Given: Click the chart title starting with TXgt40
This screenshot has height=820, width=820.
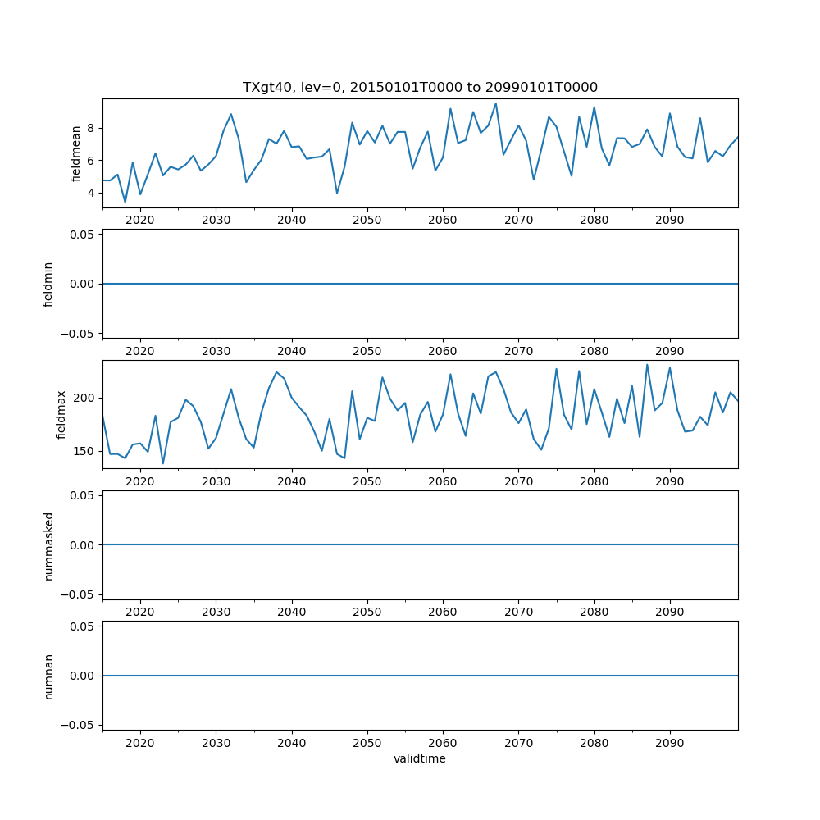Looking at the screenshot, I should [420, 87].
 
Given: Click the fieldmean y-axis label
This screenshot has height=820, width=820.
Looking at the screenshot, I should [76, 153].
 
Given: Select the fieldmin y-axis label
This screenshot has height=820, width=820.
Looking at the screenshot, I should [48, 284].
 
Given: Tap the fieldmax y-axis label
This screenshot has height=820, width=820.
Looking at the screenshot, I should [61, 414].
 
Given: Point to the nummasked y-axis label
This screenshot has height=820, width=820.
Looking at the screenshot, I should [48, 544].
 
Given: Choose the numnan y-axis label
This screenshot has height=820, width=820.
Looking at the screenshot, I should [48, 676].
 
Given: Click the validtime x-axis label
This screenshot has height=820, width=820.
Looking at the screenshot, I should [420, 758].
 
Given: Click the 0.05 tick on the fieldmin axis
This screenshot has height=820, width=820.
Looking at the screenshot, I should [83, 235].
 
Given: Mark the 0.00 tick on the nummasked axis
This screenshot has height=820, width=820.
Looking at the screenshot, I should [83, 544].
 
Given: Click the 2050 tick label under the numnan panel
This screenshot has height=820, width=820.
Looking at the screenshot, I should [367, 742].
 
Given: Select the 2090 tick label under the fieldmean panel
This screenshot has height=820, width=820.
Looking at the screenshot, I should [670, 220].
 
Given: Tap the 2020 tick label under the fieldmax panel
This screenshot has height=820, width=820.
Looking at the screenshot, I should [140, 481].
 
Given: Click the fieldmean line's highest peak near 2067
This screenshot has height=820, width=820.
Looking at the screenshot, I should [495, 103].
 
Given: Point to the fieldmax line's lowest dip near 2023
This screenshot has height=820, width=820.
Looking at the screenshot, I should [162, 463].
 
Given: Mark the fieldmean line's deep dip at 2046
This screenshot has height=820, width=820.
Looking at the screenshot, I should [337, 193].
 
